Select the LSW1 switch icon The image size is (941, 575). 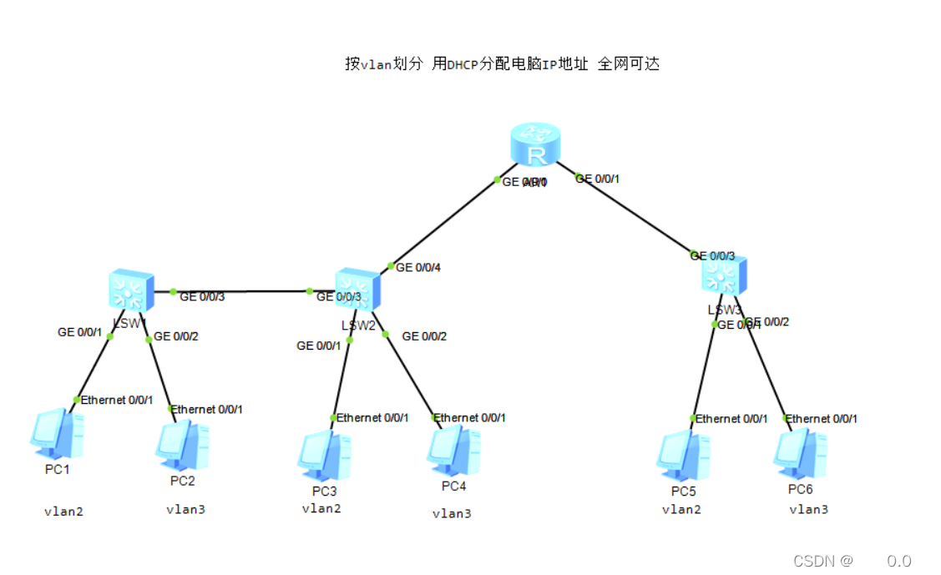point(127,290)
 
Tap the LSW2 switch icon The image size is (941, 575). point(357,290)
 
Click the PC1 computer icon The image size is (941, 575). point(57,434)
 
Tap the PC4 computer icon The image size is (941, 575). point(453,451)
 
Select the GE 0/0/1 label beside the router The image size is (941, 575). point(598,179)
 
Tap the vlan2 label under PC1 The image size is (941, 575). point(63,511)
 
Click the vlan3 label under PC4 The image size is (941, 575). point(451,513)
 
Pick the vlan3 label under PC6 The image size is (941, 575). point(808,508)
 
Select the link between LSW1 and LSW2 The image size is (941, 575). point(242,291)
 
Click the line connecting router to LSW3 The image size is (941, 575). point(635,215)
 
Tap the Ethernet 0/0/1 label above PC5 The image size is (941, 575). point(731,418)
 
